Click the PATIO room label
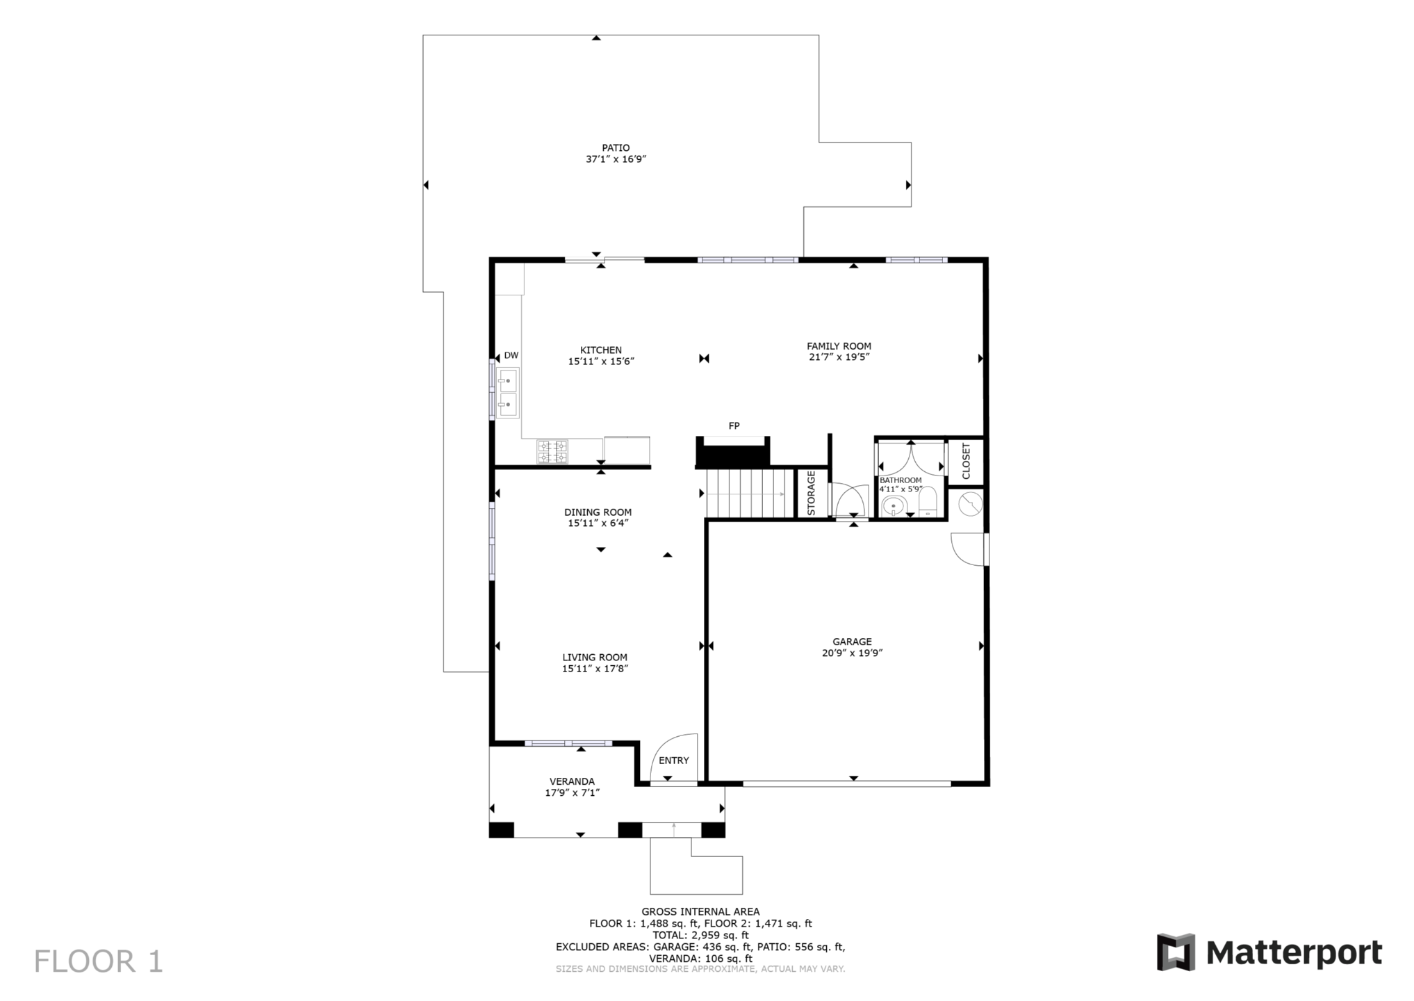[x=616, y=147]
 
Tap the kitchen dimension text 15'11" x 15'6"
[x=601, y=361]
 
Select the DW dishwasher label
[x=511, y=355]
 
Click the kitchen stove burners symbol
[x=552, y=452]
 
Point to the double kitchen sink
[x=508, y=393]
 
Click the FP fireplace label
[x=734, y=426]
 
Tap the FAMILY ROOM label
[x=839, y=346]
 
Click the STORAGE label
[x=811, y=493]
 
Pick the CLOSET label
[x=966, y=461]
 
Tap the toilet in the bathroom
[x=928, y=503]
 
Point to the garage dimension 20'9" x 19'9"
[x=852, y=653]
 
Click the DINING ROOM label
[x=598, y=512]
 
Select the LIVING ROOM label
[x=595, y=658]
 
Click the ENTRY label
[x=673, y=760]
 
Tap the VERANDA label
[x=572, y=781]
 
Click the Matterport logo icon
[x=1176, y=952]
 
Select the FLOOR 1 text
[x=99, y=962]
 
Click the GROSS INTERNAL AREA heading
[x=700, y=912]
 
